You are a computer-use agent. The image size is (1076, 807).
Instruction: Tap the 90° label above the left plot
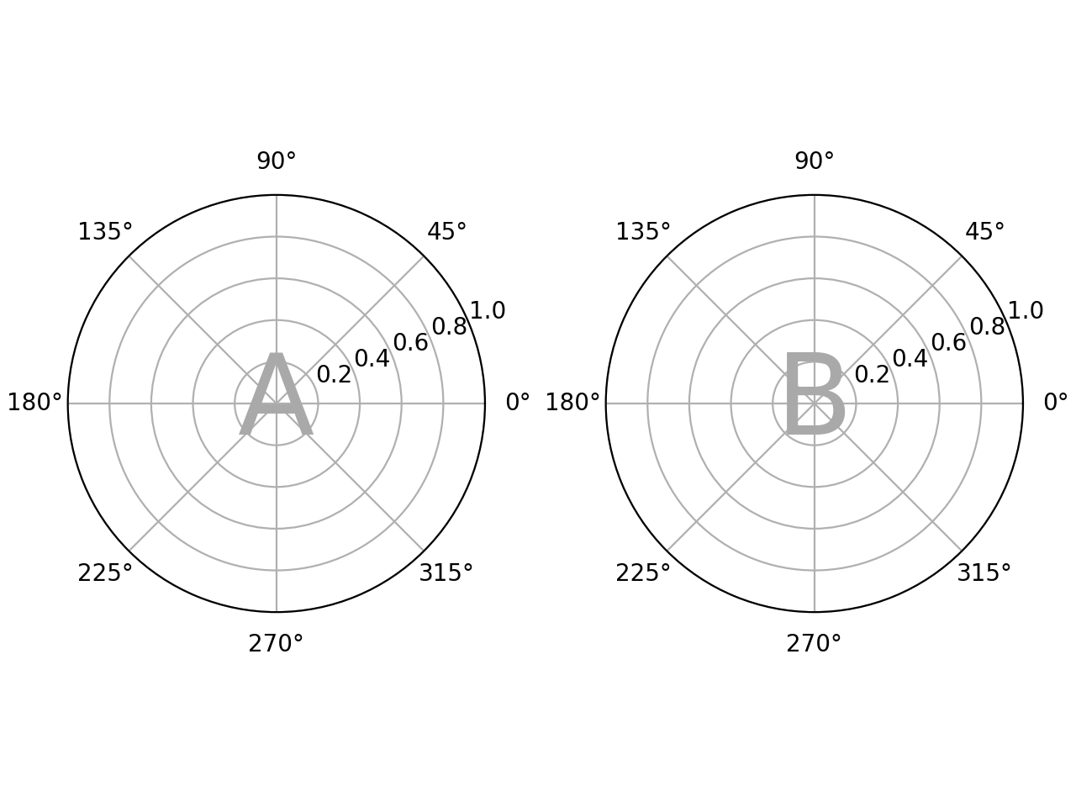(277, 161)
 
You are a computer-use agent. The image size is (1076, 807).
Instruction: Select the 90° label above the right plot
(815, 161)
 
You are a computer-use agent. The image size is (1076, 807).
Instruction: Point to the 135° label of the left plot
(105, 232)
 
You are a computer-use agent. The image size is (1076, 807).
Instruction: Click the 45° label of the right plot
(984, 232)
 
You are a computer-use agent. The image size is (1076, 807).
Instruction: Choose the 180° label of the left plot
(35, 403)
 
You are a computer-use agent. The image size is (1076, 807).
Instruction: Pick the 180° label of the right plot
(572, 403)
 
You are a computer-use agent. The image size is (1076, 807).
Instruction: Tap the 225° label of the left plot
(105, 573)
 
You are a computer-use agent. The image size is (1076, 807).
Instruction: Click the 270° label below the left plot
(276, 644)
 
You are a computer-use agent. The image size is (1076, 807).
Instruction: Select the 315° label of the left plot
(446, 573)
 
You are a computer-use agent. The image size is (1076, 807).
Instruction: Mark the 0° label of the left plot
(518, 403)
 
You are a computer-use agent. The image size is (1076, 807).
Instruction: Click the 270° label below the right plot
(814, 644)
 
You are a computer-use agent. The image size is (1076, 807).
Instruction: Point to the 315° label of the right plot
(984, 573)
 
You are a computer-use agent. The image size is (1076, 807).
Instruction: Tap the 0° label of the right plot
(1056, 403)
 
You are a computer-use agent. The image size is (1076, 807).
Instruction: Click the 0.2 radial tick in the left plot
(334, 375)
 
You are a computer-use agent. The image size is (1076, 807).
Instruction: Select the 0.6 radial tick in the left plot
(410, 343)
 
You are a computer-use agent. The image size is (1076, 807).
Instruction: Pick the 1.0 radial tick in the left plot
(488, 311)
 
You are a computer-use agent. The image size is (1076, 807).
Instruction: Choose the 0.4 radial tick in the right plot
(910, 359)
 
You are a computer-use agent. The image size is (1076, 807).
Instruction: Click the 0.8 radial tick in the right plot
(987, 327)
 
